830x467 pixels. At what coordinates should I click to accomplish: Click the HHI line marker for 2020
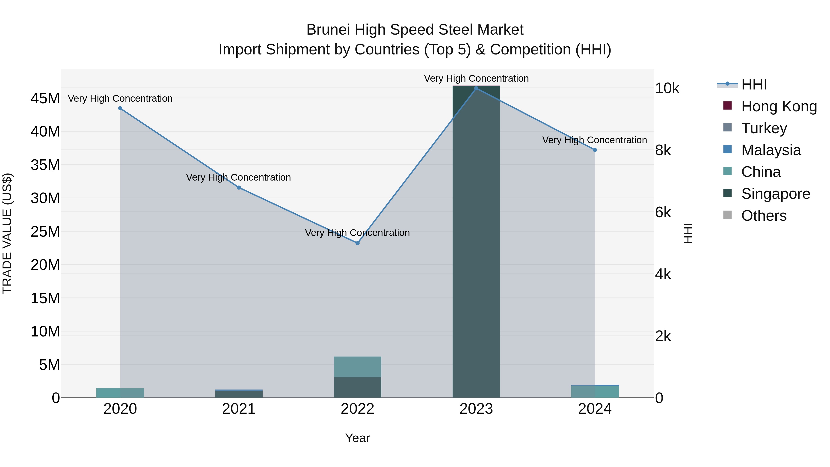coord(120,108)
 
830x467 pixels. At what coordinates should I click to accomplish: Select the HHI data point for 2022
coord(357,243)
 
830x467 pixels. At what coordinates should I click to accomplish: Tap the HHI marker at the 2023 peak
coord(476,88)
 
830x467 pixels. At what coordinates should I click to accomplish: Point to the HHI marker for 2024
coord(595,150)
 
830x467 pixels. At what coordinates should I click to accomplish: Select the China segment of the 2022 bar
coord(357,367)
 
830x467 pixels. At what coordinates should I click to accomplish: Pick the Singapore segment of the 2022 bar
coord(357,387)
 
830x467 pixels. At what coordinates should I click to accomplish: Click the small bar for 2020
coord(120,393)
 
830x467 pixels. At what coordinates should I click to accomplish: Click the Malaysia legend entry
coord(771,150)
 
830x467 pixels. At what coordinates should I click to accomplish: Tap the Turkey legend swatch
coord(728,128)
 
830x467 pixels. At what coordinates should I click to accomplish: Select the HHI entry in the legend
coord(754,84)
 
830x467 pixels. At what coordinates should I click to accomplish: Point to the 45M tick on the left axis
coord(45,98)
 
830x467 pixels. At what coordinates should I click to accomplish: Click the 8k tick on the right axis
coord(663,151)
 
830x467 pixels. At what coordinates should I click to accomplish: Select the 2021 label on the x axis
coord(239,409)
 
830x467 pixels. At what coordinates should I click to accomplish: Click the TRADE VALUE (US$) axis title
coord(7,233)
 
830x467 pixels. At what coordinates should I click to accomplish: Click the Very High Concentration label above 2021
coord(238,177)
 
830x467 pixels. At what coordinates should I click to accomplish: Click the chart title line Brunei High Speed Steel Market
coord(415,30)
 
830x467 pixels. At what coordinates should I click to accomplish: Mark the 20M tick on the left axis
coord(45,265)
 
